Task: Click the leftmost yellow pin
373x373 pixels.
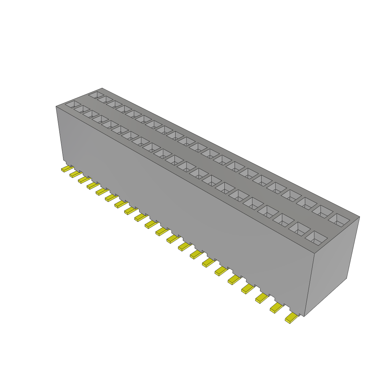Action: (x=66, y=169)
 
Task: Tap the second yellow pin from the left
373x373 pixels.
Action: (x=75, y=174)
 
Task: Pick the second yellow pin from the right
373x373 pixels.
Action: (x=276, y=308)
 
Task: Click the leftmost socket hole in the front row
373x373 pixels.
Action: (x=72, y=105)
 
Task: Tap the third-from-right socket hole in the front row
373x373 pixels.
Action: (x=284, y=219)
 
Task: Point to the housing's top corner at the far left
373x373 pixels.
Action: (x=56, y=106)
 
